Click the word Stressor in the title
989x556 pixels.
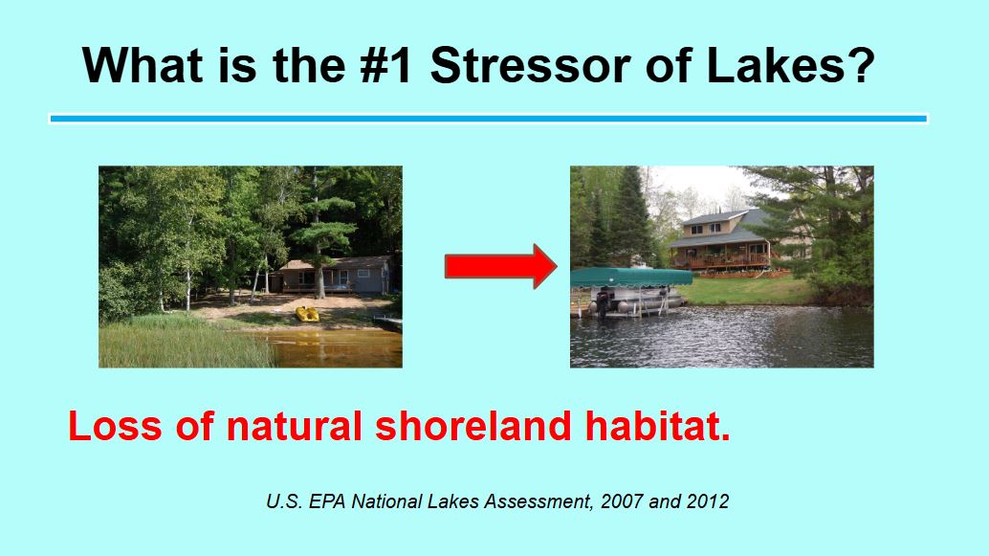530,65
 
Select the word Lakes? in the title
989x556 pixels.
791,65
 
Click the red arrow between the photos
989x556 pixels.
501,266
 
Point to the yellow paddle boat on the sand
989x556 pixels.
307,314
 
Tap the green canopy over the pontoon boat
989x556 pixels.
631,278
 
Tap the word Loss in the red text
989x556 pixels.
115,426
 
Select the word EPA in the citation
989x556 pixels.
327,501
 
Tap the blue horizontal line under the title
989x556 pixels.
488,118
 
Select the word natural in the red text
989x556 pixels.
294,426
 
